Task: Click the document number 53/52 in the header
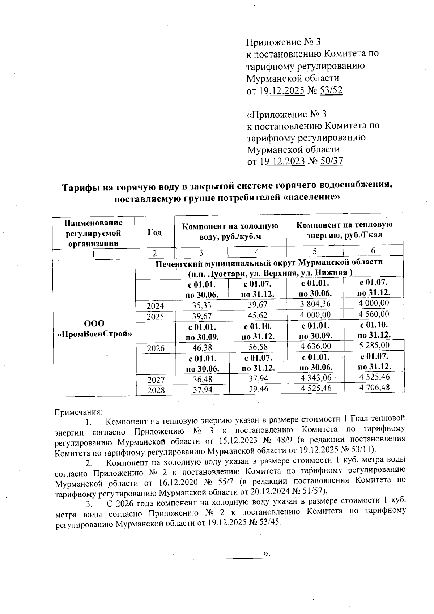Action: pos(330,90)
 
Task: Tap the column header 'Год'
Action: pos(154,232)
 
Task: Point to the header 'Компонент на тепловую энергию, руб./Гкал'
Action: pos(344,230)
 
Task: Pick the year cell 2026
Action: pos(156,348)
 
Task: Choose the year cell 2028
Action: pos(156,390)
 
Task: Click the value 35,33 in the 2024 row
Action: pos(201,305)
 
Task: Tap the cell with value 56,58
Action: pos(258,348)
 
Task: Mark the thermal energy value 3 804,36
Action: pos(315,304)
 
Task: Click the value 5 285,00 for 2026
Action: pos(374,346)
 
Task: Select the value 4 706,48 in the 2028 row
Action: pos(374,388)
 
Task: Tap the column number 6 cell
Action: pos(373,250)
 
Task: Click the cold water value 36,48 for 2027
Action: pos(202,379)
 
